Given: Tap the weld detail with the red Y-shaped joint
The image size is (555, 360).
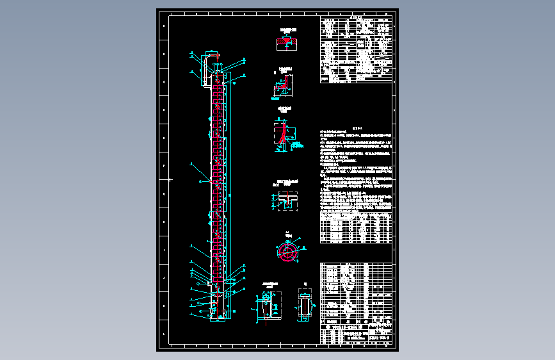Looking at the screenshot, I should [x=283, y=136].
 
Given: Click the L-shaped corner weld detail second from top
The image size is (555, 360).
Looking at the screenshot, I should [x=284, y=84].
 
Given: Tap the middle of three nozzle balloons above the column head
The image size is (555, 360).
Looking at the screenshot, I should [x=220, y=65].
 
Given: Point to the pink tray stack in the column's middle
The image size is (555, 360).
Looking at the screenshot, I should [x=219, y=179].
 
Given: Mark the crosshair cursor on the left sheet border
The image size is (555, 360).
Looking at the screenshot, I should [x=170, y=180].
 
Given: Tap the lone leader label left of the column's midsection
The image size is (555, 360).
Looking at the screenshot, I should [x=191, y=165].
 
